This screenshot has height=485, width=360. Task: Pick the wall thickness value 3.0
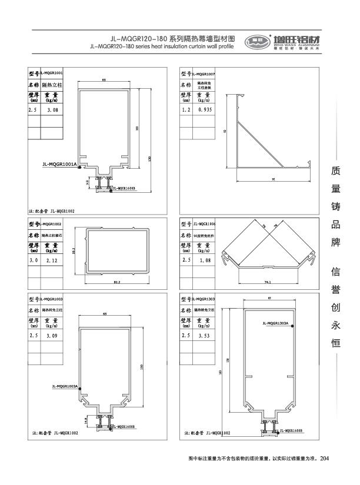point(33,259)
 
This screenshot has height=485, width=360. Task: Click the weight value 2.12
point(52,259)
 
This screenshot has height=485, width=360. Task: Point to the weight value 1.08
point(204,259)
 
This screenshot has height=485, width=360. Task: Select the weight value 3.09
point(52,335)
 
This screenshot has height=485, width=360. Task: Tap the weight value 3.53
point(204,335)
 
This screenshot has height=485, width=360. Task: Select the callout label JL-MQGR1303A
point(275,323)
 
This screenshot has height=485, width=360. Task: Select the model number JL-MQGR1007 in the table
point(204,74)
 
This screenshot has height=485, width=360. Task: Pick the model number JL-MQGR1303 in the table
point(204,299)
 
